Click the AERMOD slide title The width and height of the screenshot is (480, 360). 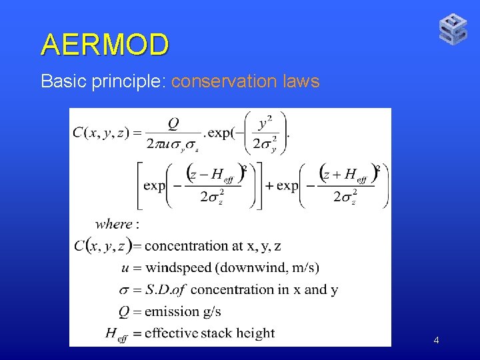[x=105, y=45]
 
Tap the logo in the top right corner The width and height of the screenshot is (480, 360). [x=453, y=29]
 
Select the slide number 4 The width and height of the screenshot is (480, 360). [x=436, y=341]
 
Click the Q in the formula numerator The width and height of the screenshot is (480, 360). [x=173, y=124]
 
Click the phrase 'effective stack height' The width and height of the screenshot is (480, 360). [x=209, y=333]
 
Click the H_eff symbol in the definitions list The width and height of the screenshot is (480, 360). [x=115, y=334]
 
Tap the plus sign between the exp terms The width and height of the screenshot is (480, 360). [x=269, y=185]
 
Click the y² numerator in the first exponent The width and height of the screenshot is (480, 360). [x=265, y=123]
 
